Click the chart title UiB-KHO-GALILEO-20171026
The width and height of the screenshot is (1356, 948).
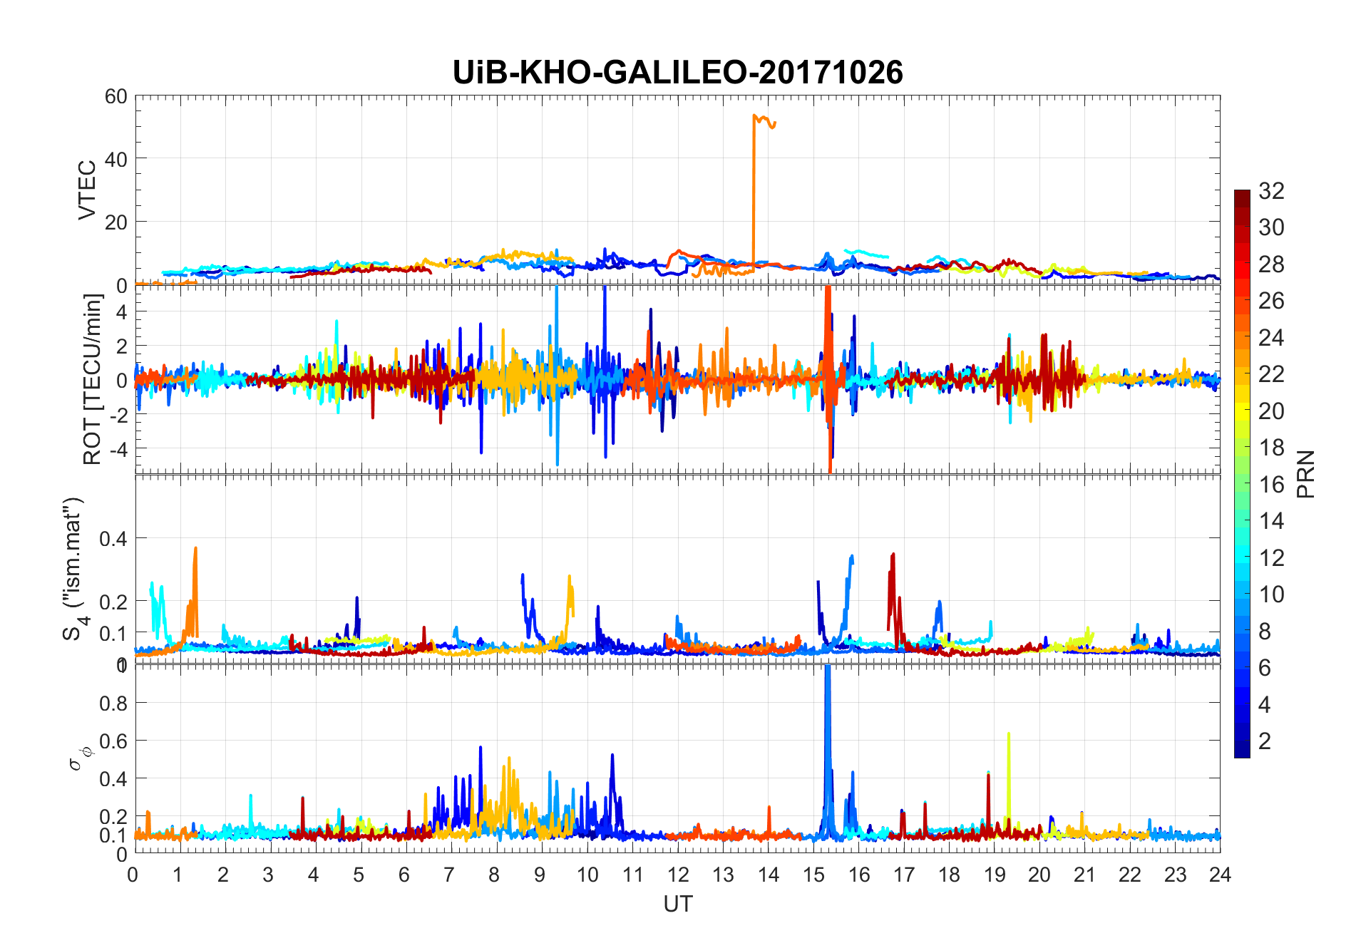(x=677, y=73)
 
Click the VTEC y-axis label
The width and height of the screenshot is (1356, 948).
(x=87, y=190)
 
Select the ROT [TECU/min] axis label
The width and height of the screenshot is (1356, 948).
(x=93, y=379)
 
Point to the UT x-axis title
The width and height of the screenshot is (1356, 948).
(x=677, y=904)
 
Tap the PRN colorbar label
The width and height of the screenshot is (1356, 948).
(x=1305, y=474)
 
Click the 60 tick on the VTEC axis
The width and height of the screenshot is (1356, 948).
(x=115, y=96)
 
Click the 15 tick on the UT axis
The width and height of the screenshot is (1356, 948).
(x=813, y=875)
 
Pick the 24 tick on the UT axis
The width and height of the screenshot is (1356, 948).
(x=1220, y=875)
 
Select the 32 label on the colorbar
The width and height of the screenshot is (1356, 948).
(x=1271, y=190)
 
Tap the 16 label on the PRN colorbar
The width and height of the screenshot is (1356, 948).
(x=1271, y=485)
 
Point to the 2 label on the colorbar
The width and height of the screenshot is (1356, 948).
(x=1265, y=741)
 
